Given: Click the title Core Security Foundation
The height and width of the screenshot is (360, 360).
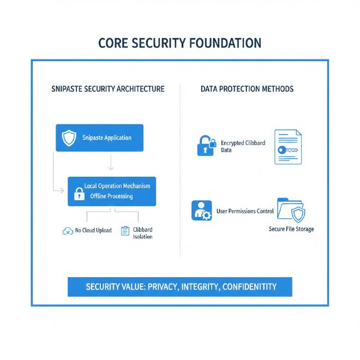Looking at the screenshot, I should pyautogui.click(x=179, y=44).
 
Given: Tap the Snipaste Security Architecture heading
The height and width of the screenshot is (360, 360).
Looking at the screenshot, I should pyautogui.click(x=107, y=89).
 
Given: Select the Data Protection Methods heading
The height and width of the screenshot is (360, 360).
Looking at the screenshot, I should pyautogui.click(x=247, y=89).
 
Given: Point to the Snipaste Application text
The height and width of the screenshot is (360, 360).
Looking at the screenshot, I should pyautogui.click(x=106, y=138).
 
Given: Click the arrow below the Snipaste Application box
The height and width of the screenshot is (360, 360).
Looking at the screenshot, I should pyautogui.click(x=111, y=163).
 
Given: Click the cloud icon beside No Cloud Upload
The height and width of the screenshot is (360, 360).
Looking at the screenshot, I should pyautogui.click(x=68, y=231).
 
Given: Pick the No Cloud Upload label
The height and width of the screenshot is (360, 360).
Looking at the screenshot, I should pyautogui.click(x=93, y=231).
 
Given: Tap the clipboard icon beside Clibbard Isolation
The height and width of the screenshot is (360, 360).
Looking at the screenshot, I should pyautogui.click(x=125, y=231).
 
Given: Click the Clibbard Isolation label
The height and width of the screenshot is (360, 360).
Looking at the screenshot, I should pyautogui.click(x=143, y=233).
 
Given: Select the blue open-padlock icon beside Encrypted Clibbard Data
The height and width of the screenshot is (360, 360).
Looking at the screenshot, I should pyautogui.click(x=206, y=146).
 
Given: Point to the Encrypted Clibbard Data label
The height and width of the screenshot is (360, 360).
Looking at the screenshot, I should pyautogui.click(x=243, y=146).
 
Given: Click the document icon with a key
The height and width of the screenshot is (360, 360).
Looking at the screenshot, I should pyautogui.click(x=287, y=147).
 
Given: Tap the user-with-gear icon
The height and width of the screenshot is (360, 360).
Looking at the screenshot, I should pyautogui.click(x=202, y=211).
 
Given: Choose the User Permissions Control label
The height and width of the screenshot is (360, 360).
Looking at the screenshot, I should pyautogui.click(x=245, y=211).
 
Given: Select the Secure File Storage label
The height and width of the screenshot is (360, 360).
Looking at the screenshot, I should pyautogui.click(x=291, y=229).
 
